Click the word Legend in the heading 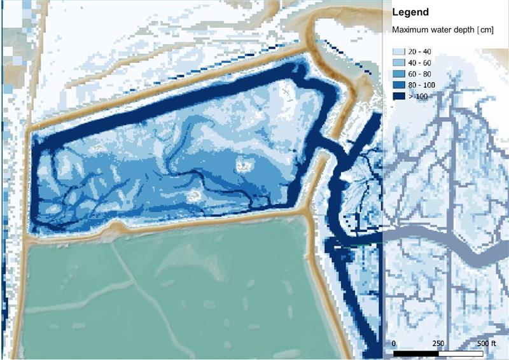pos(411,12)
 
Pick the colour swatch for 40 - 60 pos(400,63)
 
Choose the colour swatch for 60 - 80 pos(400,74)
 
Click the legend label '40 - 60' pos(422,63)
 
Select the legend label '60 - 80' pos(422,74)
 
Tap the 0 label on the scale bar pos(394,343)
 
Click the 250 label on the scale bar pos(439,343)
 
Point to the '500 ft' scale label pos(487,343)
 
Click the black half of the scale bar pos(417,352)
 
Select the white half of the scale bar pos(462,352)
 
